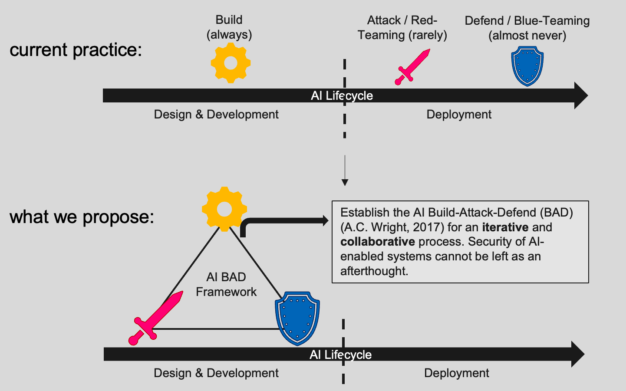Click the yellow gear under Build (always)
point(231,63)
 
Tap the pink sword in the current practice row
point(412,67)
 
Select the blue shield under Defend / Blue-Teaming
point(527,66)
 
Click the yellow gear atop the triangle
point(224,209)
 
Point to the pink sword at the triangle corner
point(155,318)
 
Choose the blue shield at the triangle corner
point(297,319)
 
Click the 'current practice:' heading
point(76,50)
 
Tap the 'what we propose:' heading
point(82,217)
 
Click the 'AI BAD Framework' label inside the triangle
point(226,284)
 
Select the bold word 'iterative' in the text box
point(505,227)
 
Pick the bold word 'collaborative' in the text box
point(378,242)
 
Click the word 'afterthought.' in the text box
point(374,271)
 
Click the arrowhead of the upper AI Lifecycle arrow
point(581,95)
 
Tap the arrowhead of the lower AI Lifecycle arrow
point(578,354)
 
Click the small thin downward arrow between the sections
point(345,171)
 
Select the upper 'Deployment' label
point(459,115)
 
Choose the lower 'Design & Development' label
point(216,373)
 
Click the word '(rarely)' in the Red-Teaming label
point(428,35)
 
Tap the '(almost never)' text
point(527,36)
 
